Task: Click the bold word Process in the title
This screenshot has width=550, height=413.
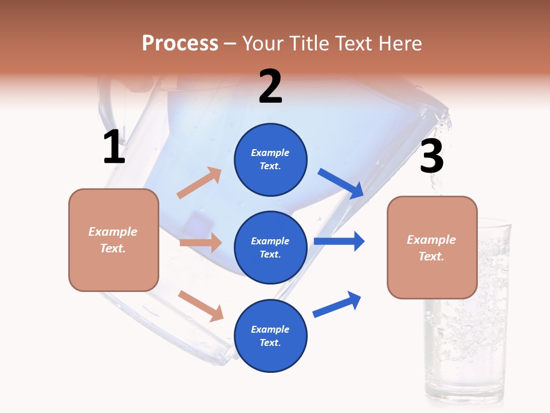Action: click(180, 43)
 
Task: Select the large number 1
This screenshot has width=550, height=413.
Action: click(114, 147)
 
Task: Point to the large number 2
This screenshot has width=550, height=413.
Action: click(270, 87)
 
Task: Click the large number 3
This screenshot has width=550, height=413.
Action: click(431, 157)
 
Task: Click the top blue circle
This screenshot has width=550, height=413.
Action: click(270, 159)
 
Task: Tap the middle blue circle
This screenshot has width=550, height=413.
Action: click(270, 247)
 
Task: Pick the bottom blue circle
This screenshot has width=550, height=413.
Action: click(270, 336)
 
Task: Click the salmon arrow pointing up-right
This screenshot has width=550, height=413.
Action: click(199, 183)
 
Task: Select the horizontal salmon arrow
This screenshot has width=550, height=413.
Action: click(201, 243)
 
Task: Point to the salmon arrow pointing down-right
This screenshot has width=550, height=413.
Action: click(201, 306)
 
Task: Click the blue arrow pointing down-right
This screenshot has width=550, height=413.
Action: click(341, 184)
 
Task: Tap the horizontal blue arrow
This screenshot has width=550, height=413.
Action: click(339, 241)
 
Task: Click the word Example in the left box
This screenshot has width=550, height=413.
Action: click(113, 232)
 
